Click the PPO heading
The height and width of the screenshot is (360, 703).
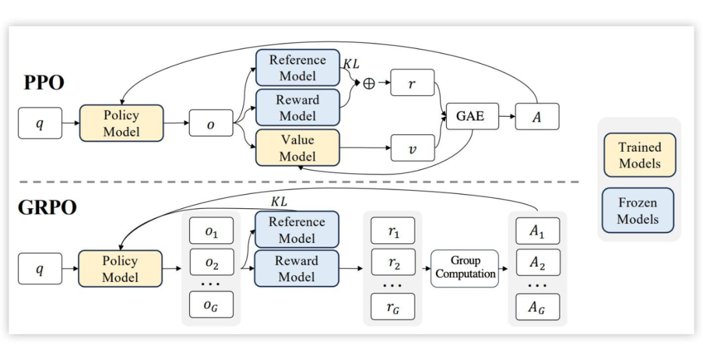[44, 83]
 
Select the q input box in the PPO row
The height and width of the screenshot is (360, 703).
[40, 124]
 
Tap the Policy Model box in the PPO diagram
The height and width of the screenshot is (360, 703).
[121, 123]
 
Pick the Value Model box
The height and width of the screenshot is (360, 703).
[297, 148]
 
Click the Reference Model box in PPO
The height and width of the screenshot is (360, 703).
[297, 68]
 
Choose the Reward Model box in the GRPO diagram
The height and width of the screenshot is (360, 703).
[297, 269]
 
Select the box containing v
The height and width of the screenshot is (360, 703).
[412, 148]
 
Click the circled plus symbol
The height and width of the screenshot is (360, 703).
[369, 83]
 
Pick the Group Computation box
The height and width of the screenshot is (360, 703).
[465, 268]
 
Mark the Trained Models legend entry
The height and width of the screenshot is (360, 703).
[639, 156]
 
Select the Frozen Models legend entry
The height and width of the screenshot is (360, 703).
[638, 211]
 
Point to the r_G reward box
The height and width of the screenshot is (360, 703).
[393, 307]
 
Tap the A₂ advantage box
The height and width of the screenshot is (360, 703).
[537, 262]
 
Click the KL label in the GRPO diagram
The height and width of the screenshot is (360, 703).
[279, 202]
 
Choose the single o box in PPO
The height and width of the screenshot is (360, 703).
[211, 123]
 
